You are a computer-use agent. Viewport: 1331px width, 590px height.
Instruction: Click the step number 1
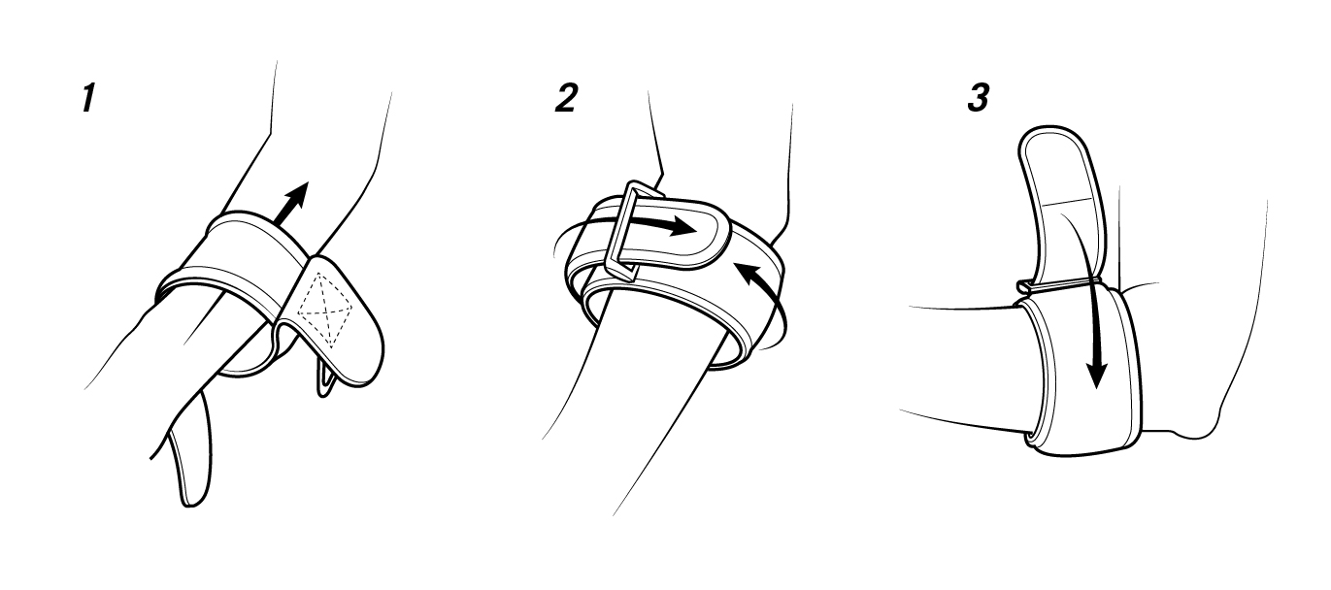(x=88, y=98)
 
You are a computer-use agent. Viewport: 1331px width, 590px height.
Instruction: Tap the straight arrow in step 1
(x=292, y=203)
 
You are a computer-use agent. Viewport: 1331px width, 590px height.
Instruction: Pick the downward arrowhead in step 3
(x=1096, y=374)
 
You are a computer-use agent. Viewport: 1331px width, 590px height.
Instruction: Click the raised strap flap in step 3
(x=1061, y=202)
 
